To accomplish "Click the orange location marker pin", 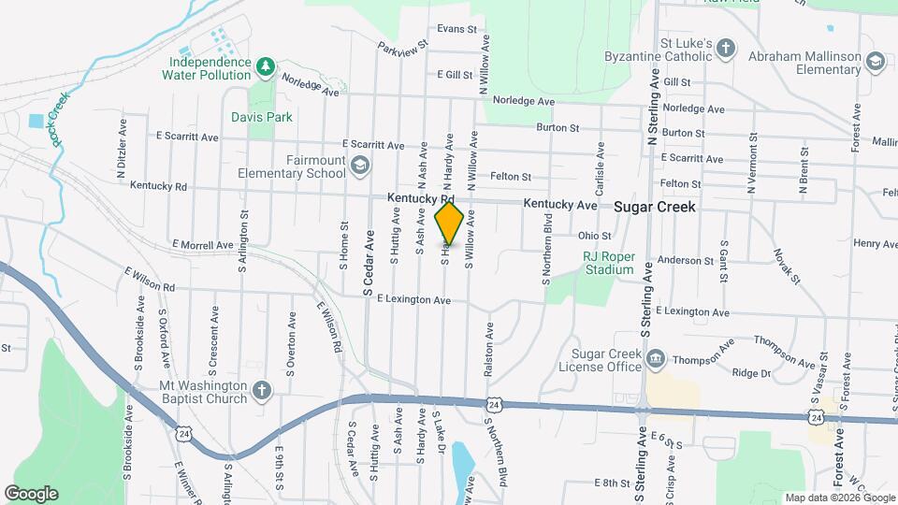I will [449, 224].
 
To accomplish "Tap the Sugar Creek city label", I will [655, 207].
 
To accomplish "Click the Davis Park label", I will [262, 117].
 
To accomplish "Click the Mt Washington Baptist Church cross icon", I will [263, 391].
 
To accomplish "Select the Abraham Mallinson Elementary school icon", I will [875, 62].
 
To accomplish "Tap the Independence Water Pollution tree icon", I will [266, 66].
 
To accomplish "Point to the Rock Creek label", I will [62, 120].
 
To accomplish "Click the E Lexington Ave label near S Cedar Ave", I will [413, 300].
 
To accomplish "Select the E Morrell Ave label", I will [203, 245].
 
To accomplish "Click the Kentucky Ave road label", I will [559, 204].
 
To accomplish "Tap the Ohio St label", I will [594, 236].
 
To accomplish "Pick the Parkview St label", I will [402, 45].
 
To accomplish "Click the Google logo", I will [31, 493].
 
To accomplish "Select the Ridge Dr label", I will [751, 373].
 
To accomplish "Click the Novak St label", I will [787, 266].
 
